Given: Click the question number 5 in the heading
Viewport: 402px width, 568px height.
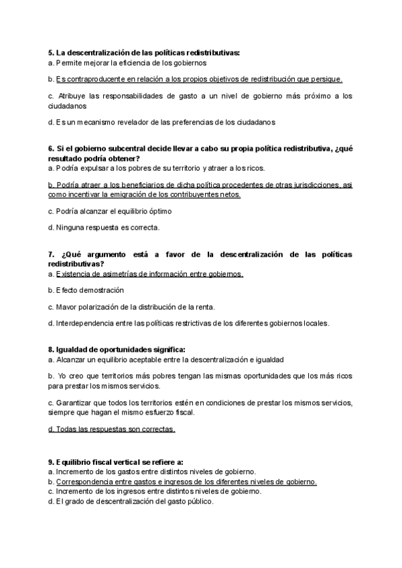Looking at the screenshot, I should [x=51, y=52].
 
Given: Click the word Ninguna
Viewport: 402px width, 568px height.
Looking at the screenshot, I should [x=68, y=228].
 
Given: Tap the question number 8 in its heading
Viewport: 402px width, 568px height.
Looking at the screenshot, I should [x=51, y=350].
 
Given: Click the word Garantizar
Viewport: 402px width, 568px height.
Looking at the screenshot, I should [x=74, y=403].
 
